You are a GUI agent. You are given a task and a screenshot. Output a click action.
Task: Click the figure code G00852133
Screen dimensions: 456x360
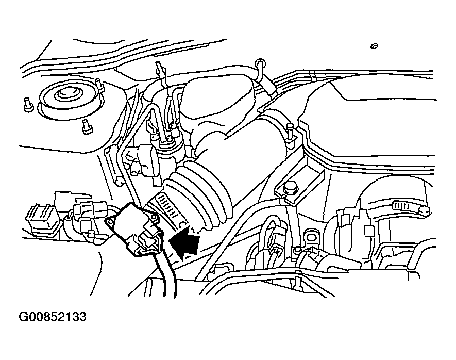(x=53, y=317)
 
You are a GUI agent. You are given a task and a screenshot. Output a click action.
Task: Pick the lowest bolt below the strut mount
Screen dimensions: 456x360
(x=87, y=126)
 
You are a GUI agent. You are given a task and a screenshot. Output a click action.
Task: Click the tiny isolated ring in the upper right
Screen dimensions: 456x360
(x=374, y=46)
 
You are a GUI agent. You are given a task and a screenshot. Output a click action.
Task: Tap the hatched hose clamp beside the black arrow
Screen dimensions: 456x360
(x=167, y=208)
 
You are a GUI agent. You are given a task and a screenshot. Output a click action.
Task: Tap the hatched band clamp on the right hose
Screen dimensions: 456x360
(x=401, y=206)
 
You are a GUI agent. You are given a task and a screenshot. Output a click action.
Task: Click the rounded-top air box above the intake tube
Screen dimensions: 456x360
(x=216, y=97)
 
